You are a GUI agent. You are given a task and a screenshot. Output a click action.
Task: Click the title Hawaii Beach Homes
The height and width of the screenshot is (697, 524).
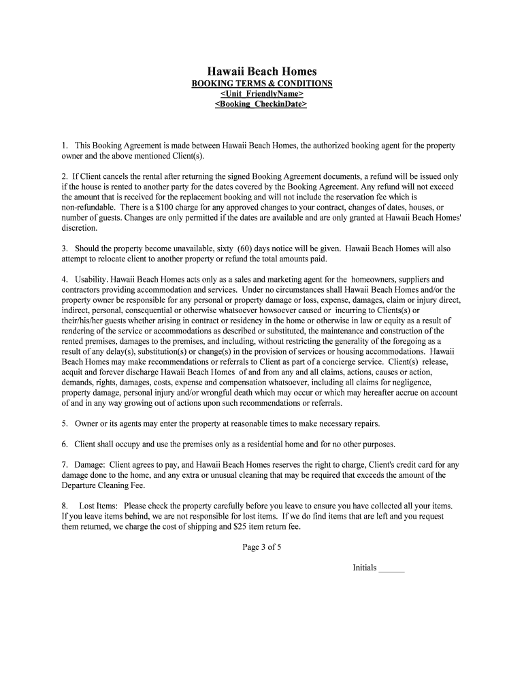[262, 71]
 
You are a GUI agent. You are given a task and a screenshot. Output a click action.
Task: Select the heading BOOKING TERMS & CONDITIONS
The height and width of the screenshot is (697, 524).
[262, 83]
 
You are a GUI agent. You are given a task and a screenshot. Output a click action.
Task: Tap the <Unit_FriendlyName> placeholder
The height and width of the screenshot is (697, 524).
[262, 94]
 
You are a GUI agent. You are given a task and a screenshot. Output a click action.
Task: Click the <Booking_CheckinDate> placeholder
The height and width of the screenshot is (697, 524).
[262, 104]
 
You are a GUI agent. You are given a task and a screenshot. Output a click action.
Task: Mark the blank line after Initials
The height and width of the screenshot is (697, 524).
[391, 568]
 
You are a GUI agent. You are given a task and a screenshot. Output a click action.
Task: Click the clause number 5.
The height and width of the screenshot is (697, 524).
[64, 423]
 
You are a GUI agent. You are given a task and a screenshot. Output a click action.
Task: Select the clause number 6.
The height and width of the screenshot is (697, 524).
[64, 444]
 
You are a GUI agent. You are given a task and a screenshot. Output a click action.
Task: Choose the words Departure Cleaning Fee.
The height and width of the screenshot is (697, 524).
[103, 485]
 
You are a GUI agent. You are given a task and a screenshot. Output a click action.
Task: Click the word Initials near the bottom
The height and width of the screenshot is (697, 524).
[364, 568]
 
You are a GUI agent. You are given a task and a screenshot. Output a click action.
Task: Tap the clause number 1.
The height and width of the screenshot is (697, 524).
[64, 146]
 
